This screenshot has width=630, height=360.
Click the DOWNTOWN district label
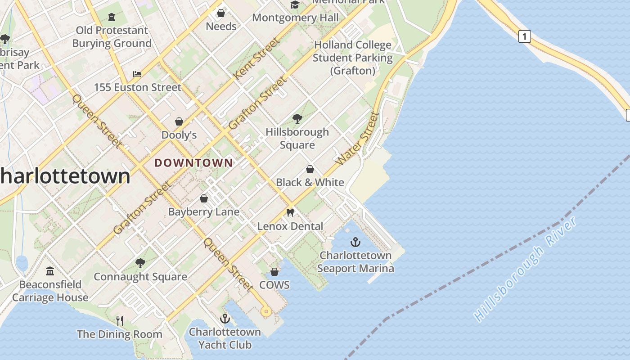point(194,163)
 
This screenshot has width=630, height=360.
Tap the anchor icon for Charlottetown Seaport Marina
point(355,243)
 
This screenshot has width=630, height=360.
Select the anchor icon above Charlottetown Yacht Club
point(225,319)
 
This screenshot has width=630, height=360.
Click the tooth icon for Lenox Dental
point(290,213)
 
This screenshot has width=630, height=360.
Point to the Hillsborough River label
point(526,269)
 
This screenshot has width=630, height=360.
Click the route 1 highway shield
point(524,36)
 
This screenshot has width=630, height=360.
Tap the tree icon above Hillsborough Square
point(297,119)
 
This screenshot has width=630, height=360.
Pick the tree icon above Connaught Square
point(140,263)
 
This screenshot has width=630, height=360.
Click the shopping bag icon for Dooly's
point(179,121)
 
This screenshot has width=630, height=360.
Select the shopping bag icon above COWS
point(274,272)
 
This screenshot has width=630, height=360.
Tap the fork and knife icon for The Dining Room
point(120,320)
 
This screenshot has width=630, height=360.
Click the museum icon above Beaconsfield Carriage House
point(50,271)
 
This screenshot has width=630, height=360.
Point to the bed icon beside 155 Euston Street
point(137,74)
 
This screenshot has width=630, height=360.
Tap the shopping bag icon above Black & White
point(310,169)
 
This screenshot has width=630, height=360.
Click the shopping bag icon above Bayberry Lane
point(204,198)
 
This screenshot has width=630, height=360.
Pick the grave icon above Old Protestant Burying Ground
point(112,17)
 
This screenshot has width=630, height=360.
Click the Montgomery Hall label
point(295,18)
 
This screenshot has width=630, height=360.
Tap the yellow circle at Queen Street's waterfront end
point(266,311)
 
